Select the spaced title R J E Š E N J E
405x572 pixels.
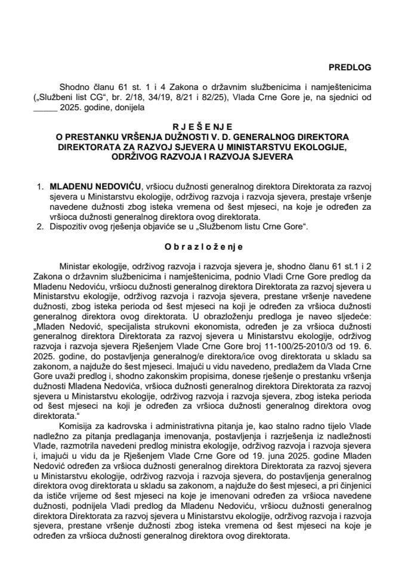pos(202,126)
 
